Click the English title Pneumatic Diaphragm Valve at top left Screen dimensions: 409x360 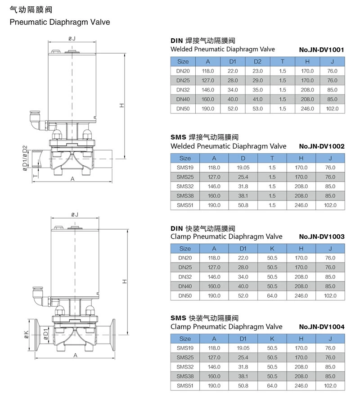[60, 22]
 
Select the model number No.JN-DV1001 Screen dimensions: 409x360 [321, 50]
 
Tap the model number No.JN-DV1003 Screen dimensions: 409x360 [321, 236]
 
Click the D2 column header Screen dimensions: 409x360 [257, 61]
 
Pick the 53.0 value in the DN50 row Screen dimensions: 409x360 [257, 109]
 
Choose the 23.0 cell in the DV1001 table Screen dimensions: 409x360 [257, 71]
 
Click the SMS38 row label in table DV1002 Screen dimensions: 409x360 [185, 195]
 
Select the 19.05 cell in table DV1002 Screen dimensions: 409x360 [243, 167]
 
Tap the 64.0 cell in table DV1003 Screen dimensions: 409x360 [272, 295]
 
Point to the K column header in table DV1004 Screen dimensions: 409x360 [272, 338]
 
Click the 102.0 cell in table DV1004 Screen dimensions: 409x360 [330, 386]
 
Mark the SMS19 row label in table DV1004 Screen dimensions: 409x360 [185, 348]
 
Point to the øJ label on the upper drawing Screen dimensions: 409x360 [72, 39]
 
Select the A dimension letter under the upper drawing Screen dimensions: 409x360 [72, 179]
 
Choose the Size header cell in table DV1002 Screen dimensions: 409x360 [185, 158]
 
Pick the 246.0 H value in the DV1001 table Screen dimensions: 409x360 [307, 109]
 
